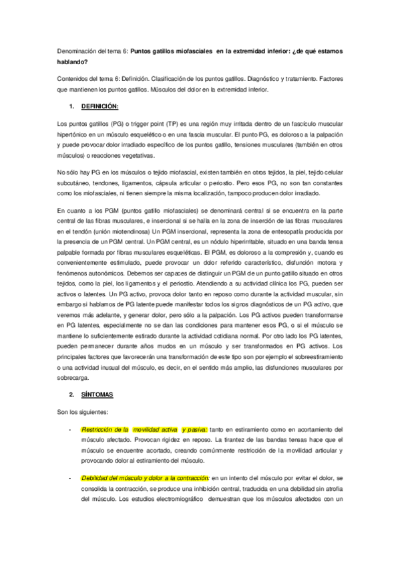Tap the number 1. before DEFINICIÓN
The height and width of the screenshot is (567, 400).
[72, 106]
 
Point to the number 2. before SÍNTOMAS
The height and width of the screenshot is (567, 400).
[72, 394]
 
